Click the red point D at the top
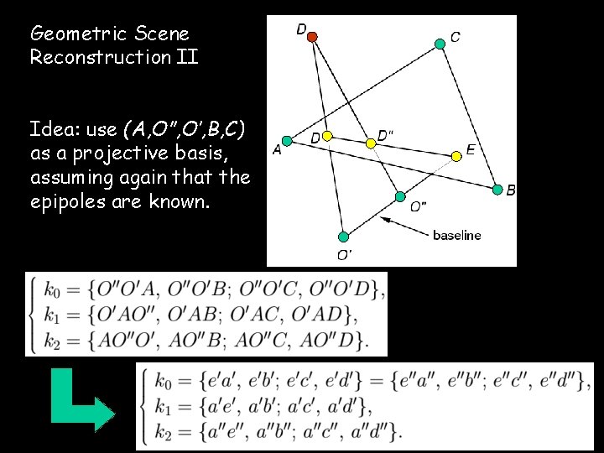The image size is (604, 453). click(x=312, y=37)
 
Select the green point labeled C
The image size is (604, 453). click(x=440, y=44)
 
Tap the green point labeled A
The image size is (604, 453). click(x=286, y=140)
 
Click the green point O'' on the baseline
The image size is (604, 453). click(x=400, y=197)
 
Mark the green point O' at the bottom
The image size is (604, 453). click(x=343, y=237)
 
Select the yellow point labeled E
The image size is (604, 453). click(x=456, y=156)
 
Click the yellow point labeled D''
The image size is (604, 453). click(x=370, y=143)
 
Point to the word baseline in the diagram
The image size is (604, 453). click(x=456, y=235)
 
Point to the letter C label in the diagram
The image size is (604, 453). click(x=455, y=37)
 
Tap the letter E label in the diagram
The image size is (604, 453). click(x=471, y=149)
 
